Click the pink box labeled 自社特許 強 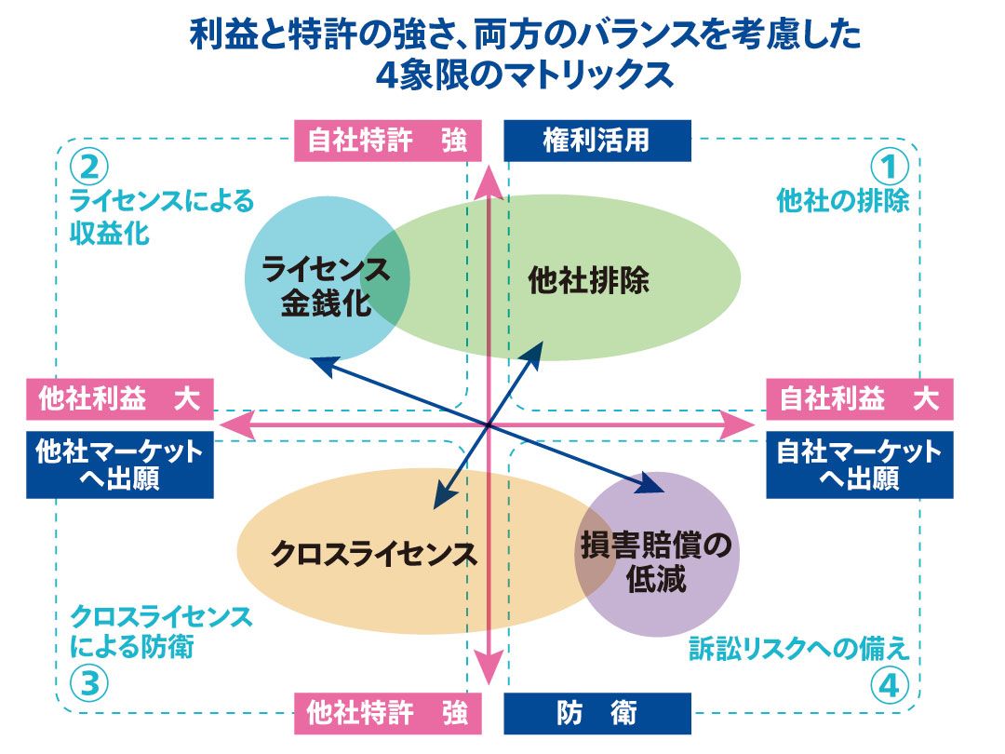pyautogui.click(x=388, y=142)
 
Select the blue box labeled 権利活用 pyautogui.click(x=596, y=141)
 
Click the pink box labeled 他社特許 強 pyautogui.click(x=388, y=714)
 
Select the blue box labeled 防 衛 pyautogui.click(x=596, y=714)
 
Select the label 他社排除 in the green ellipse pyautogui.click(x=588, y=280)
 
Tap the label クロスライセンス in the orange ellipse pyautogui.click(x=373, y=555)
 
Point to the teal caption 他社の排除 pyautogui.click(x=842, y=201)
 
